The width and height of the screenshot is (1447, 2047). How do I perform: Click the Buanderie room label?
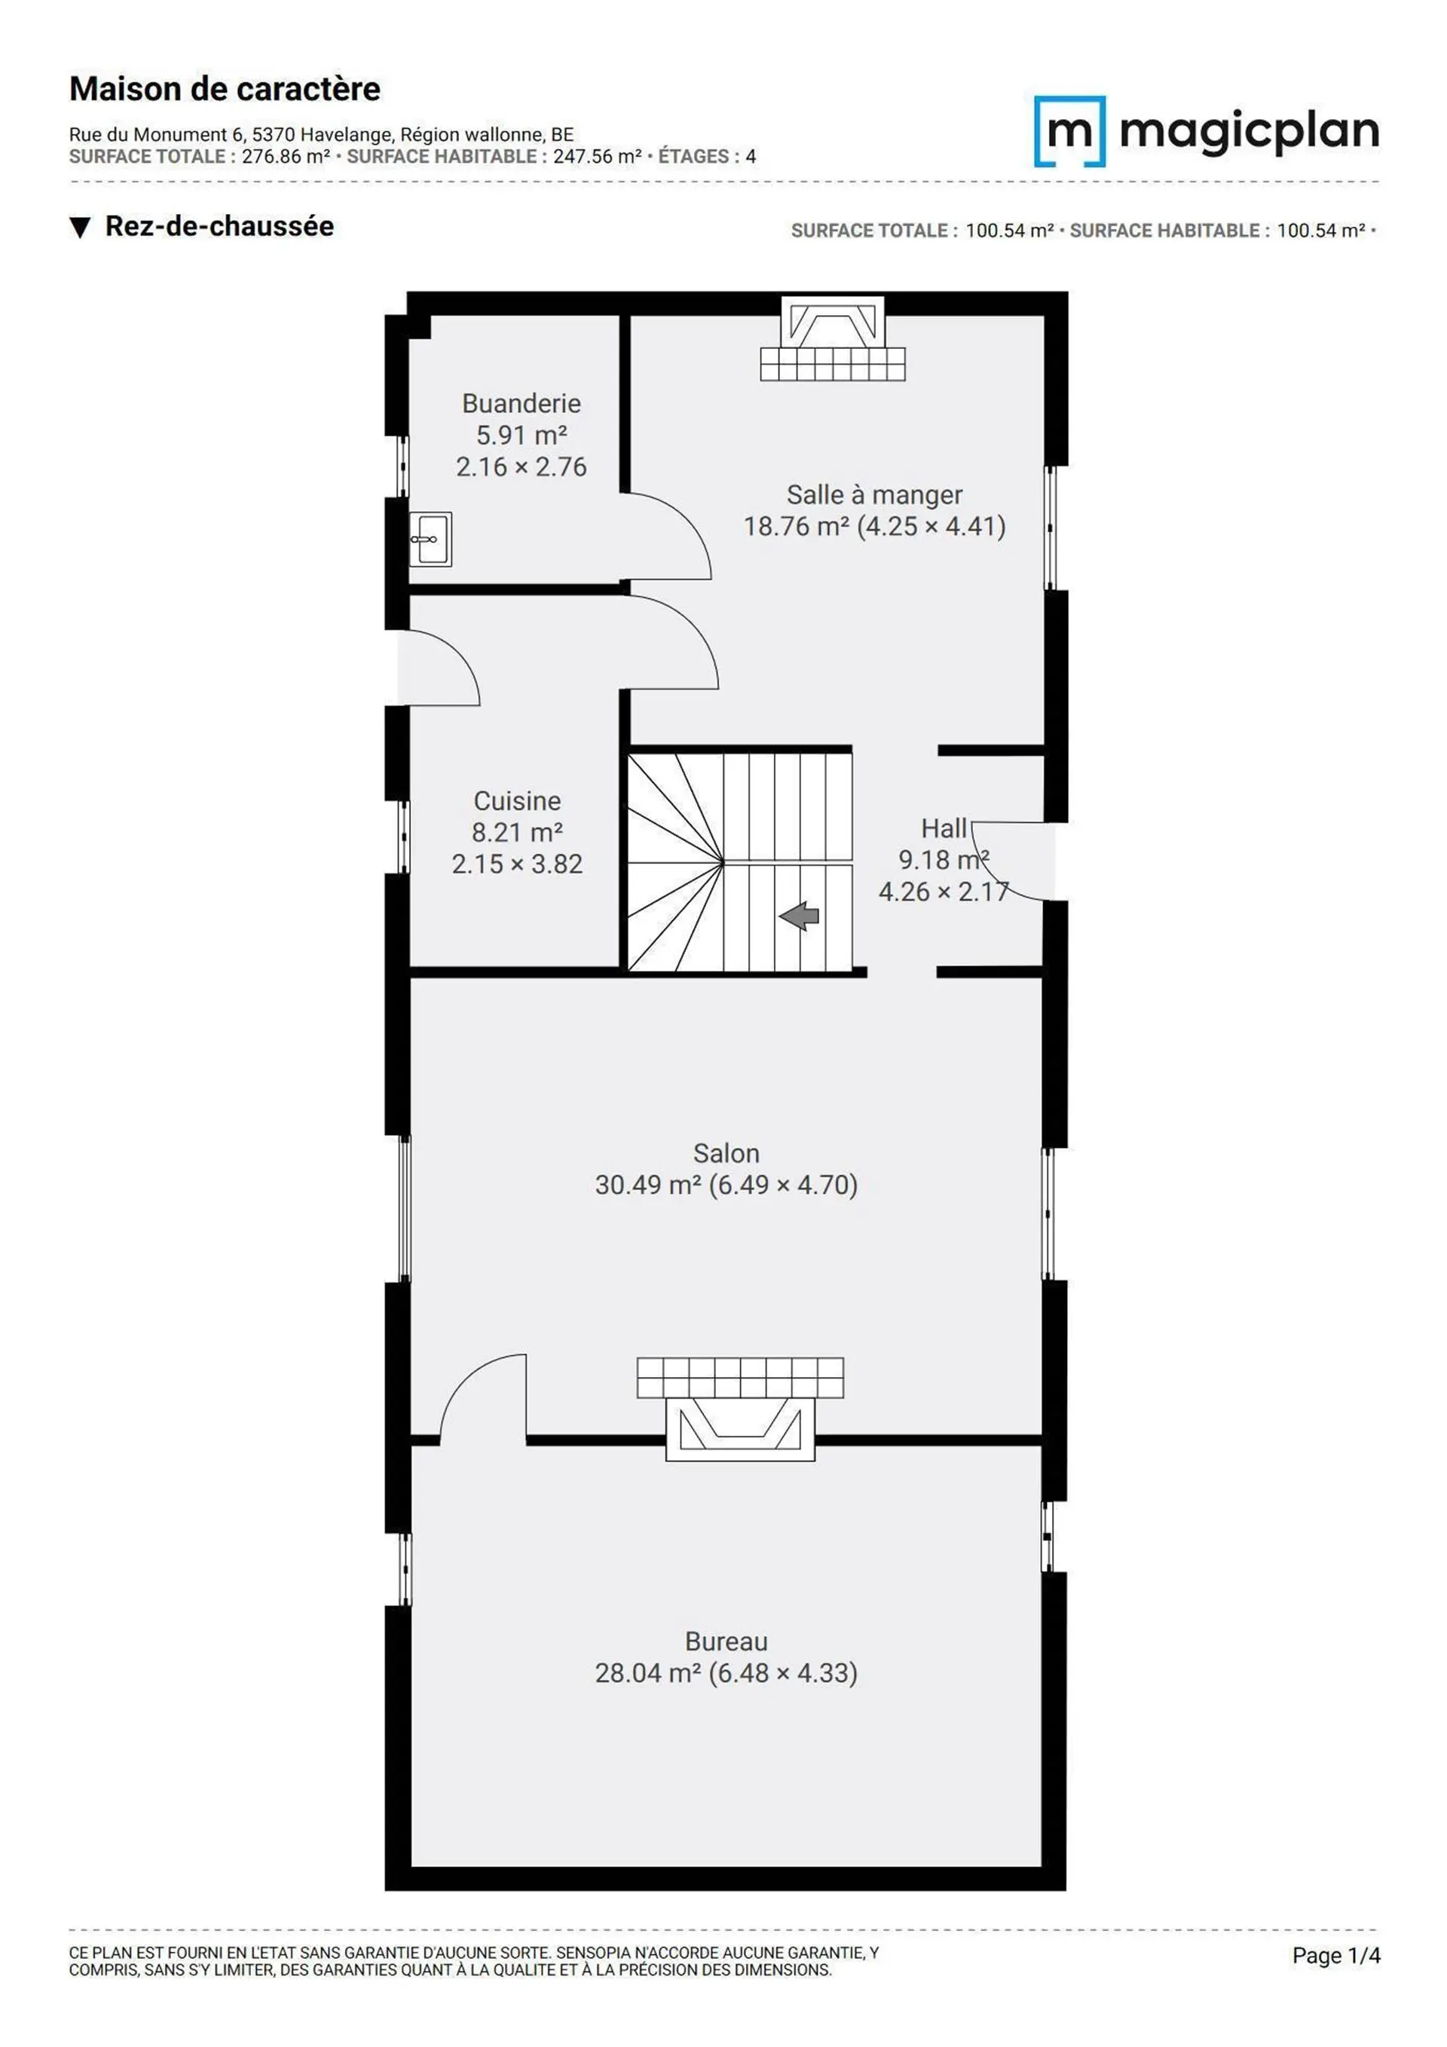521,404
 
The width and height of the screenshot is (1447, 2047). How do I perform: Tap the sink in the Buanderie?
430,538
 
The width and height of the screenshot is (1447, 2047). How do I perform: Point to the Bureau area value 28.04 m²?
647,1672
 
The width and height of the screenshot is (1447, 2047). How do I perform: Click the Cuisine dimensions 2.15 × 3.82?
517,864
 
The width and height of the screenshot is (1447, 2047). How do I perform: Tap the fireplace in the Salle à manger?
833,339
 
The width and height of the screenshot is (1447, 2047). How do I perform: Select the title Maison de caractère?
225,89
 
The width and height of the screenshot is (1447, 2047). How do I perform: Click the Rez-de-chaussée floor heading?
219,226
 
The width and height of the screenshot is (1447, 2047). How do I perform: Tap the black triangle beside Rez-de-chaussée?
80,228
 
